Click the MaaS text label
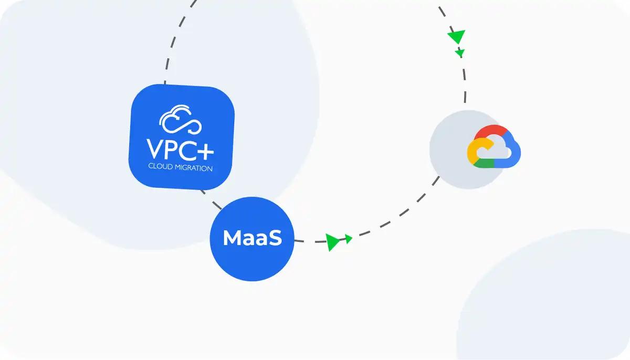252,238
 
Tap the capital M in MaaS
233,238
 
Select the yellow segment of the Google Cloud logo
472,152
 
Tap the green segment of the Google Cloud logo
486,163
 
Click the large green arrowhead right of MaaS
332,241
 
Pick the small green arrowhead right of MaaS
348,239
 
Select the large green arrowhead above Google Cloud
456,37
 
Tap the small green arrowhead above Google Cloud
460,52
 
